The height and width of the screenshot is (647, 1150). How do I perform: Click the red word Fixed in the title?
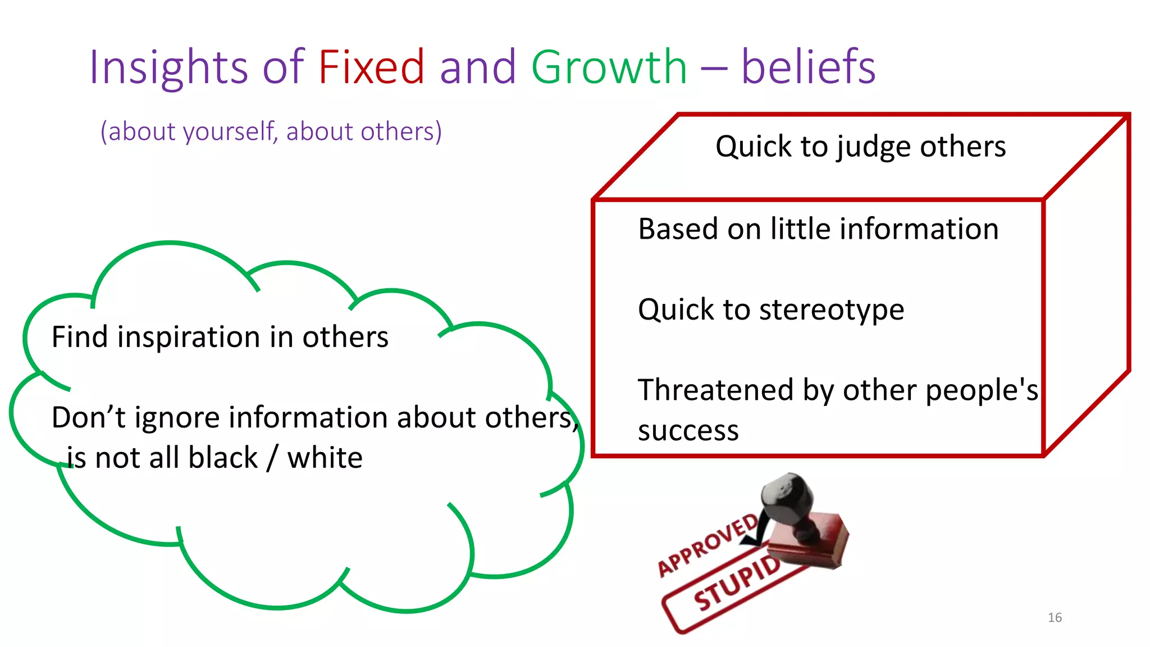coord(371,67)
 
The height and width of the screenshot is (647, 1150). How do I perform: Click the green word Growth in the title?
coord(609,67)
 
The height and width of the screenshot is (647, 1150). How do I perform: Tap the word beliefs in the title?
coord(808,67)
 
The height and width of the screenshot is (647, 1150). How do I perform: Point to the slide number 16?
coord(1055,618)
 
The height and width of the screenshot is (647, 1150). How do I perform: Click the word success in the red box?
coord(688,431)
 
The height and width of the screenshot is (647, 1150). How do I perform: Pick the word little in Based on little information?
coord(801,229)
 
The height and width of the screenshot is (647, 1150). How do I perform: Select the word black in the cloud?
coord(223,457)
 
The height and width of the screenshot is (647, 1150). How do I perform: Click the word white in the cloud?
coord(325,457)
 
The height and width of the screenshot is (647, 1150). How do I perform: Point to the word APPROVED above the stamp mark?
coord(708,545)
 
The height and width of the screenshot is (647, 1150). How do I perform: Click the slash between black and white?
coord(272,458)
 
